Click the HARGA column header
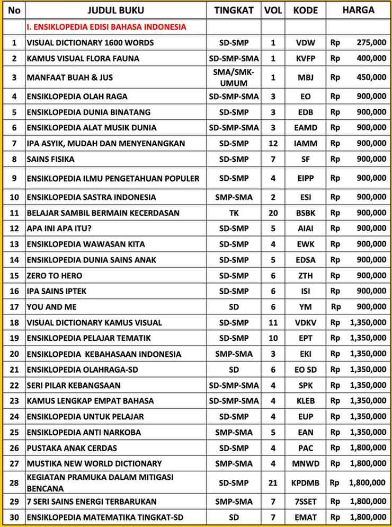coord(358,10)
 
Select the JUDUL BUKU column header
coord(115,11)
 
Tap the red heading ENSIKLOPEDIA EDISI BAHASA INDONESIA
coord(106,27)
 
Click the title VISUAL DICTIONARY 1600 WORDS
coord(90,42)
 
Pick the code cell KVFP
coord(305,58)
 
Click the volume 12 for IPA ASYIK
coord(273,143)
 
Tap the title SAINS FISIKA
coord(50,159)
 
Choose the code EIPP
coord(305,178)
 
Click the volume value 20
coord(273,213)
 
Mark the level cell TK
coord(234,213)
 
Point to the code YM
coord(305,307)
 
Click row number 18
coord(14,322)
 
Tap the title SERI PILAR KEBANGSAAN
coord(74,385)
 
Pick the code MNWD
coord(306,464)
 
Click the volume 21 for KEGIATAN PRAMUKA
coord(273,482)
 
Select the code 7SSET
coord(306,502)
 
